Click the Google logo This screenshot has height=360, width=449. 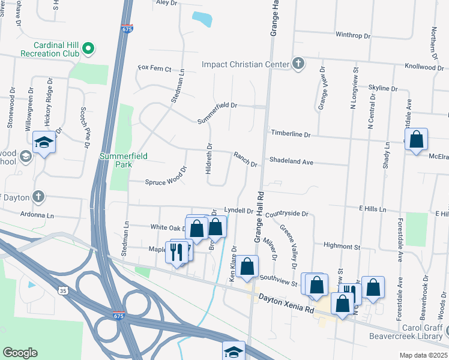pos(20,353)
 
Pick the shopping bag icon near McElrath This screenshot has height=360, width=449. pos(416,140)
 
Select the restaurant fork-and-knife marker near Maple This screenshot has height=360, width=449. pos(176,252)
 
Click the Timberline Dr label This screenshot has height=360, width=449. pos(291,134)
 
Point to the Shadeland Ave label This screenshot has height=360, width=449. pos(292,162)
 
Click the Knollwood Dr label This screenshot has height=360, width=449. pos(424,67)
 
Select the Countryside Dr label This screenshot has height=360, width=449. pos(286,214)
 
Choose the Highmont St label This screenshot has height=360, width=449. pos(341,246)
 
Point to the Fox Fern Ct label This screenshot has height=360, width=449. pos(155,68)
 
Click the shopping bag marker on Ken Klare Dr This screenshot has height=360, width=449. pos(247,267)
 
